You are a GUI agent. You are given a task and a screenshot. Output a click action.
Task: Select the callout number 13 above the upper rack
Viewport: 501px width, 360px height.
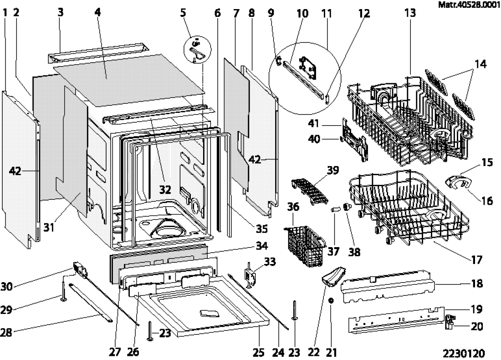(x=410, y=13)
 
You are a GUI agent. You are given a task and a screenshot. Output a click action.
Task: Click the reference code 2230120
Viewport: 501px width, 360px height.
(x=463, y=353)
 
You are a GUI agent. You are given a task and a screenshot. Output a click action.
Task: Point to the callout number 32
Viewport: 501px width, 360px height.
(x=165, y=189)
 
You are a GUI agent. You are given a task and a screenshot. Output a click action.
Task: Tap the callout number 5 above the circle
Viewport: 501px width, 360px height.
(x=183, y=13)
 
